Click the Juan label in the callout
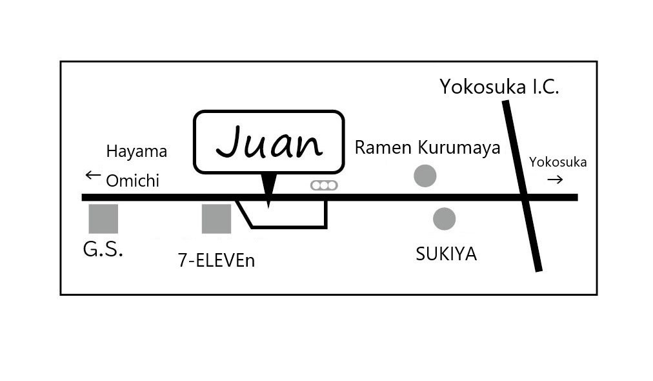268,143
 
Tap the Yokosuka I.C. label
499,87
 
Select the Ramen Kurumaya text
427,148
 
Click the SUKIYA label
446,254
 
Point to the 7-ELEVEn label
216,260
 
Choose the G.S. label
103,250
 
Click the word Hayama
136,152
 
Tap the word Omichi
132,181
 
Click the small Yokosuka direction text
558,162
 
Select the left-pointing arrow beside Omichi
93,175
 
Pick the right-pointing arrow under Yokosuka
555,180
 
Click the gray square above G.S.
103,219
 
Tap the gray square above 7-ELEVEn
216,219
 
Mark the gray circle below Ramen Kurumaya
425,176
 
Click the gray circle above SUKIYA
444,219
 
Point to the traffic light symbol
324,185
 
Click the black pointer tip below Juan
269,201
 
